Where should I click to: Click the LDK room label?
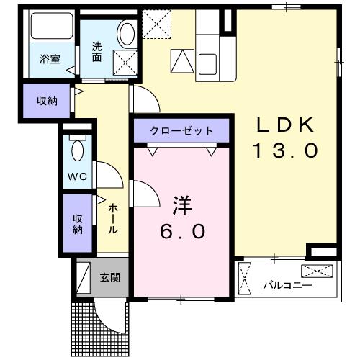pos(285,125)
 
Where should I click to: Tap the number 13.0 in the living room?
pos(285,150)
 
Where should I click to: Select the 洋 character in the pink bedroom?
pos(182,205)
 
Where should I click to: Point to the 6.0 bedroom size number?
pos(182,231)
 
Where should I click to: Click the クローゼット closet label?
pos(181,131)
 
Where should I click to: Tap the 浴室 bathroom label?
pos(50,59)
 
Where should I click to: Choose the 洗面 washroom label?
pos(96,52)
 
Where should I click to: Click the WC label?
pos(77,176)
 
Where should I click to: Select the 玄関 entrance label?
pos(110,277)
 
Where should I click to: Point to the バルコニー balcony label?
pos(287,286)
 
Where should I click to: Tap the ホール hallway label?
pos(113,219)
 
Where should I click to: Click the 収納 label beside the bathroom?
pos(47,101)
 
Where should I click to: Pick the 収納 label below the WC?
pos(78,224)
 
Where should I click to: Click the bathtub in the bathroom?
pos(52,26)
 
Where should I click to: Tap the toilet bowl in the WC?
pos(77,150)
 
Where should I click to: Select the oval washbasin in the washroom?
pos(127,34)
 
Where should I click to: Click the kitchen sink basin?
pos(207,64)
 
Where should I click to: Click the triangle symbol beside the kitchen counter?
pos(182,61)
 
